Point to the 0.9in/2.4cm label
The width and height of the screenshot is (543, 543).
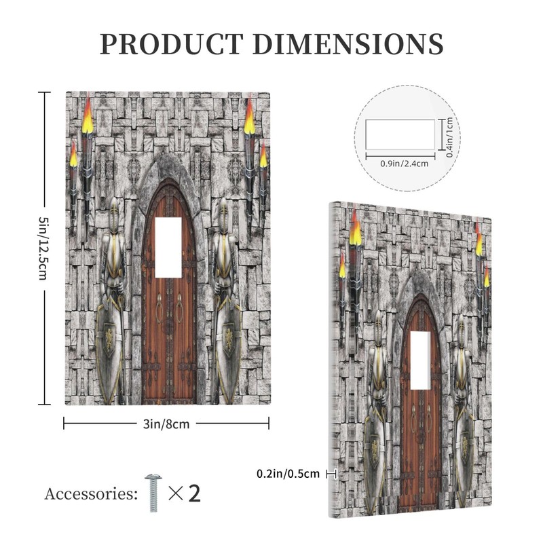pyautogui.click(x=404, y=164)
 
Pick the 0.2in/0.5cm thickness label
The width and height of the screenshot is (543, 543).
pyautogui.click(x=288, y=474)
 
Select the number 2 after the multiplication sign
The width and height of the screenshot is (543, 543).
pyautogui.click(x=194, y=493)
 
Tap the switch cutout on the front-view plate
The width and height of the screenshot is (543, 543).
pyautogui.click(x=168, y=248)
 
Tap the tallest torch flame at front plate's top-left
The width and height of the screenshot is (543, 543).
pyautogui.click(x=88, y=117)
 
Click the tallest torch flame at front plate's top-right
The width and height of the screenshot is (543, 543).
pyautogui.click(x=250, y=117)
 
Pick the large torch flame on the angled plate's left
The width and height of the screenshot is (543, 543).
pyautogui.click(x=355, y=229)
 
